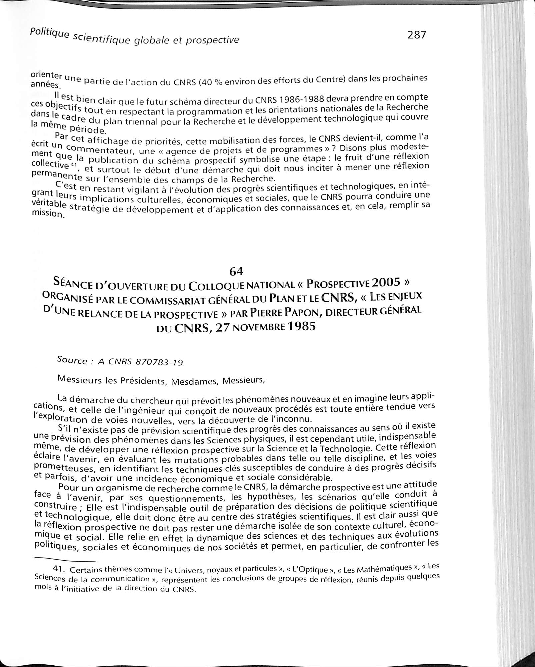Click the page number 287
pos(417,35)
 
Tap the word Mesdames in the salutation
pos(193,381)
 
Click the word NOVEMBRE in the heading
pos(260,327)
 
